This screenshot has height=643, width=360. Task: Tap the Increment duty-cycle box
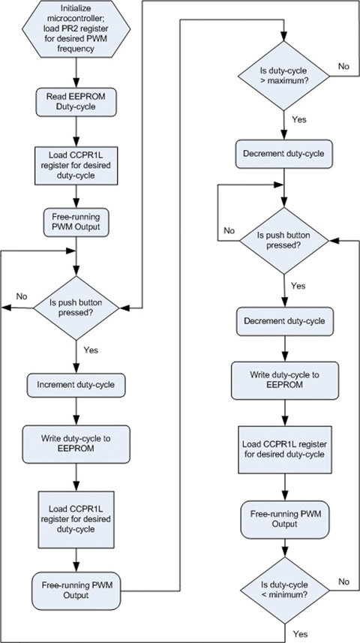click(76, 386)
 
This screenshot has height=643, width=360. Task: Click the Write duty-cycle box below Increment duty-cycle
click(76, 438)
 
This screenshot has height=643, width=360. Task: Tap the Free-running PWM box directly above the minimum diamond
click(283, 517)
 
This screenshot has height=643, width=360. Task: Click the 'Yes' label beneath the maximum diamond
click(298, 118)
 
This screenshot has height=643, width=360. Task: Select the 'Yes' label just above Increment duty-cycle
click(91, 349)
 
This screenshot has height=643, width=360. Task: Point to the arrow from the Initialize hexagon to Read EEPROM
click(76, 75)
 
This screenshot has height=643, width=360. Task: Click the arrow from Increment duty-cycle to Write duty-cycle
click(76, 410)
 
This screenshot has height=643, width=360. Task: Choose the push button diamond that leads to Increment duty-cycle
click(76, 306)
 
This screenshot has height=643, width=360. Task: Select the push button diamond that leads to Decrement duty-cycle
click(283, 241)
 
